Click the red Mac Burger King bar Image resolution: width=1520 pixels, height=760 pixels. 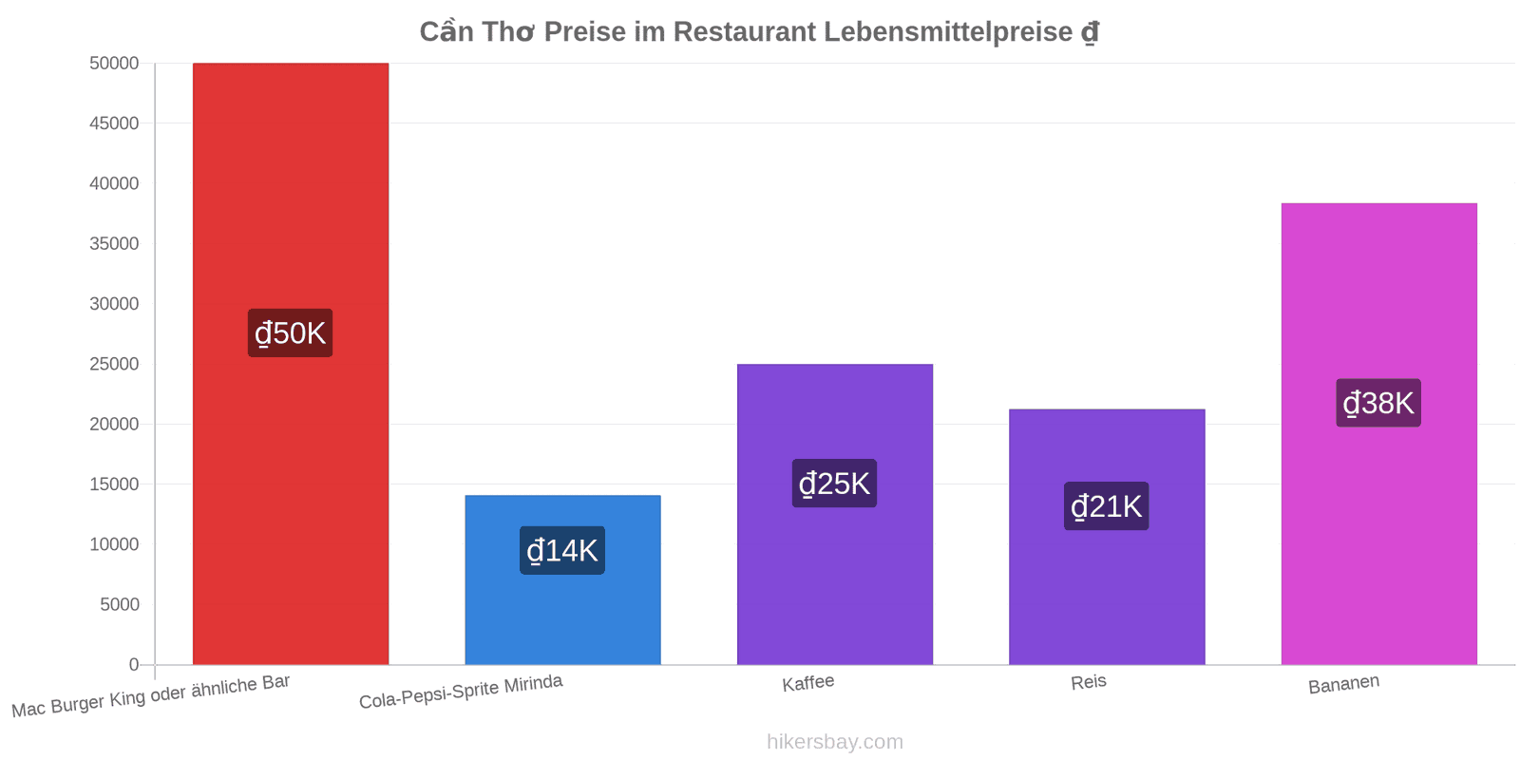291,364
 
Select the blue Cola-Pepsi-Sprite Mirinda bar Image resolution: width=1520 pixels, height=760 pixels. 562,580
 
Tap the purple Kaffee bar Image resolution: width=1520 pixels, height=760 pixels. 835,514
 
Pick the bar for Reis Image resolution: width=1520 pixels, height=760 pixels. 1107,537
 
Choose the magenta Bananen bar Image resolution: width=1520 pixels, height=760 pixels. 1378,434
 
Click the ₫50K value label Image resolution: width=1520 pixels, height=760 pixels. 290,333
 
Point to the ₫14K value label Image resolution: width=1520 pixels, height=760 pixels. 561,550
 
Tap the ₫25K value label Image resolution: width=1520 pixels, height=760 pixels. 834,484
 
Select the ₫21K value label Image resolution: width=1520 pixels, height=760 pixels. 1106,506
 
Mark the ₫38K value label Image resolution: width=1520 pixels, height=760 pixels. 1378,403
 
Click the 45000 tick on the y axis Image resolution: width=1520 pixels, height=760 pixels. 114,123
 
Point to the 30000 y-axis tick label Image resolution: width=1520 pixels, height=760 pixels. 114,304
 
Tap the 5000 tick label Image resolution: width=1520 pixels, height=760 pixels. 120,604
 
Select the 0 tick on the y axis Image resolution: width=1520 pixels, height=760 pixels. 134,665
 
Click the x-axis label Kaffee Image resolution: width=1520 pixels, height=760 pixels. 807,683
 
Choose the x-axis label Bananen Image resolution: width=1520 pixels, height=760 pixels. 1343,684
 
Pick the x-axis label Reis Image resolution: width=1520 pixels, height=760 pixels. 1089,682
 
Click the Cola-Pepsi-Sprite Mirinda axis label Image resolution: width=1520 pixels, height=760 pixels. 461,692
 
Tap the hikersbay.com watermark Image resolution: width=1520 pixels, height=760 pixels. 835,742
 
